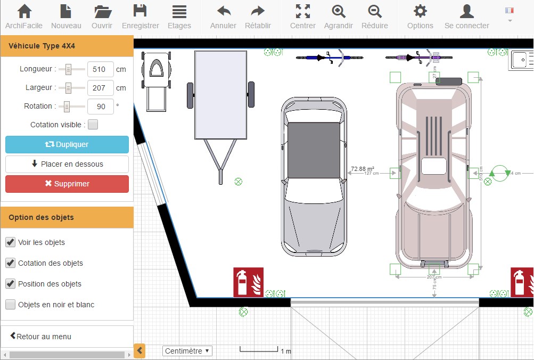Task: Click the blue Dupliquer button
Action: (x=67, y=144)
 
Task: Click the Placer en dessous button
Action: (x=67, y=164)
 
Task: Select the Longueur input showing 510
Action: (x=100, y=69)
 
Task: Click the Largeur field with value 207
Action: (x=100, y=88)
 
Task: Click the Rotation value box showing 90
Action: (x=100, y=107)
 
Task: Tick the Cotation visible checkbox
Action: (x=93, y=125)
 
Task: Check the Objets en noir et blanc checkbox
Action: (x=10, y=305)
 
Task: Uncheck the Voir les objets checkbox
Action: (x=10, y=242)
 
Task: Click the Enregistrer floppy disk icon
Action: (x=140, y=11)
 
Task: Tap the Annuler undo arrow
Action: (x=224, y=11)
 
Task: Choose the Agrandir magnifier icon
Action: (x=338, y=11)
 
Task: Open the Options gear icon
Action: (x=420, y=11)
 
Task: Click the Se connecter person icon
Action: (x=466, y=11)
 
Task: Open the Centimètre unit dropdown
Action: (x=187, y=351)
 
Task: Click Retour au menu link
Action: (x=40, y=337)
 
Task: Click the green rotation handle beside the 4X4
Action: (x=499, y=173)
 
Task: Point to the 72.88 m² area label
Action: (x=362, y=169)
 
